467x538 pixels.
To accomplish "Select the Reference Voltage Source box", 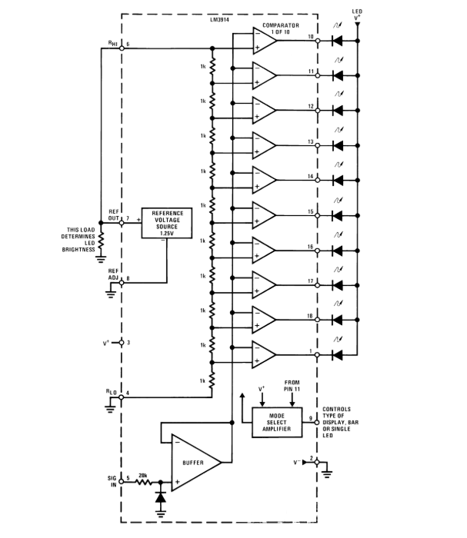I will [166, 222].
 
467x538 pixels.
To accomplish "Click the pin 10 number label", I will [311, 36].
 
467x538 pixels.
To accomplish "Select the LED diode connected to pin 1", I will [336, 354].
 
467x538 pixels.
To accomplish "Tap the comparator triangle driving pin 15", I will [263, 214].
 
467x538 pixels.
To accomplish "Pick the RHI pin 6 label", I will [112, 44].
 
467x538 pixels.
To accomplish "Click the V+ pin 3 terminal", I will [122, 344].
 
